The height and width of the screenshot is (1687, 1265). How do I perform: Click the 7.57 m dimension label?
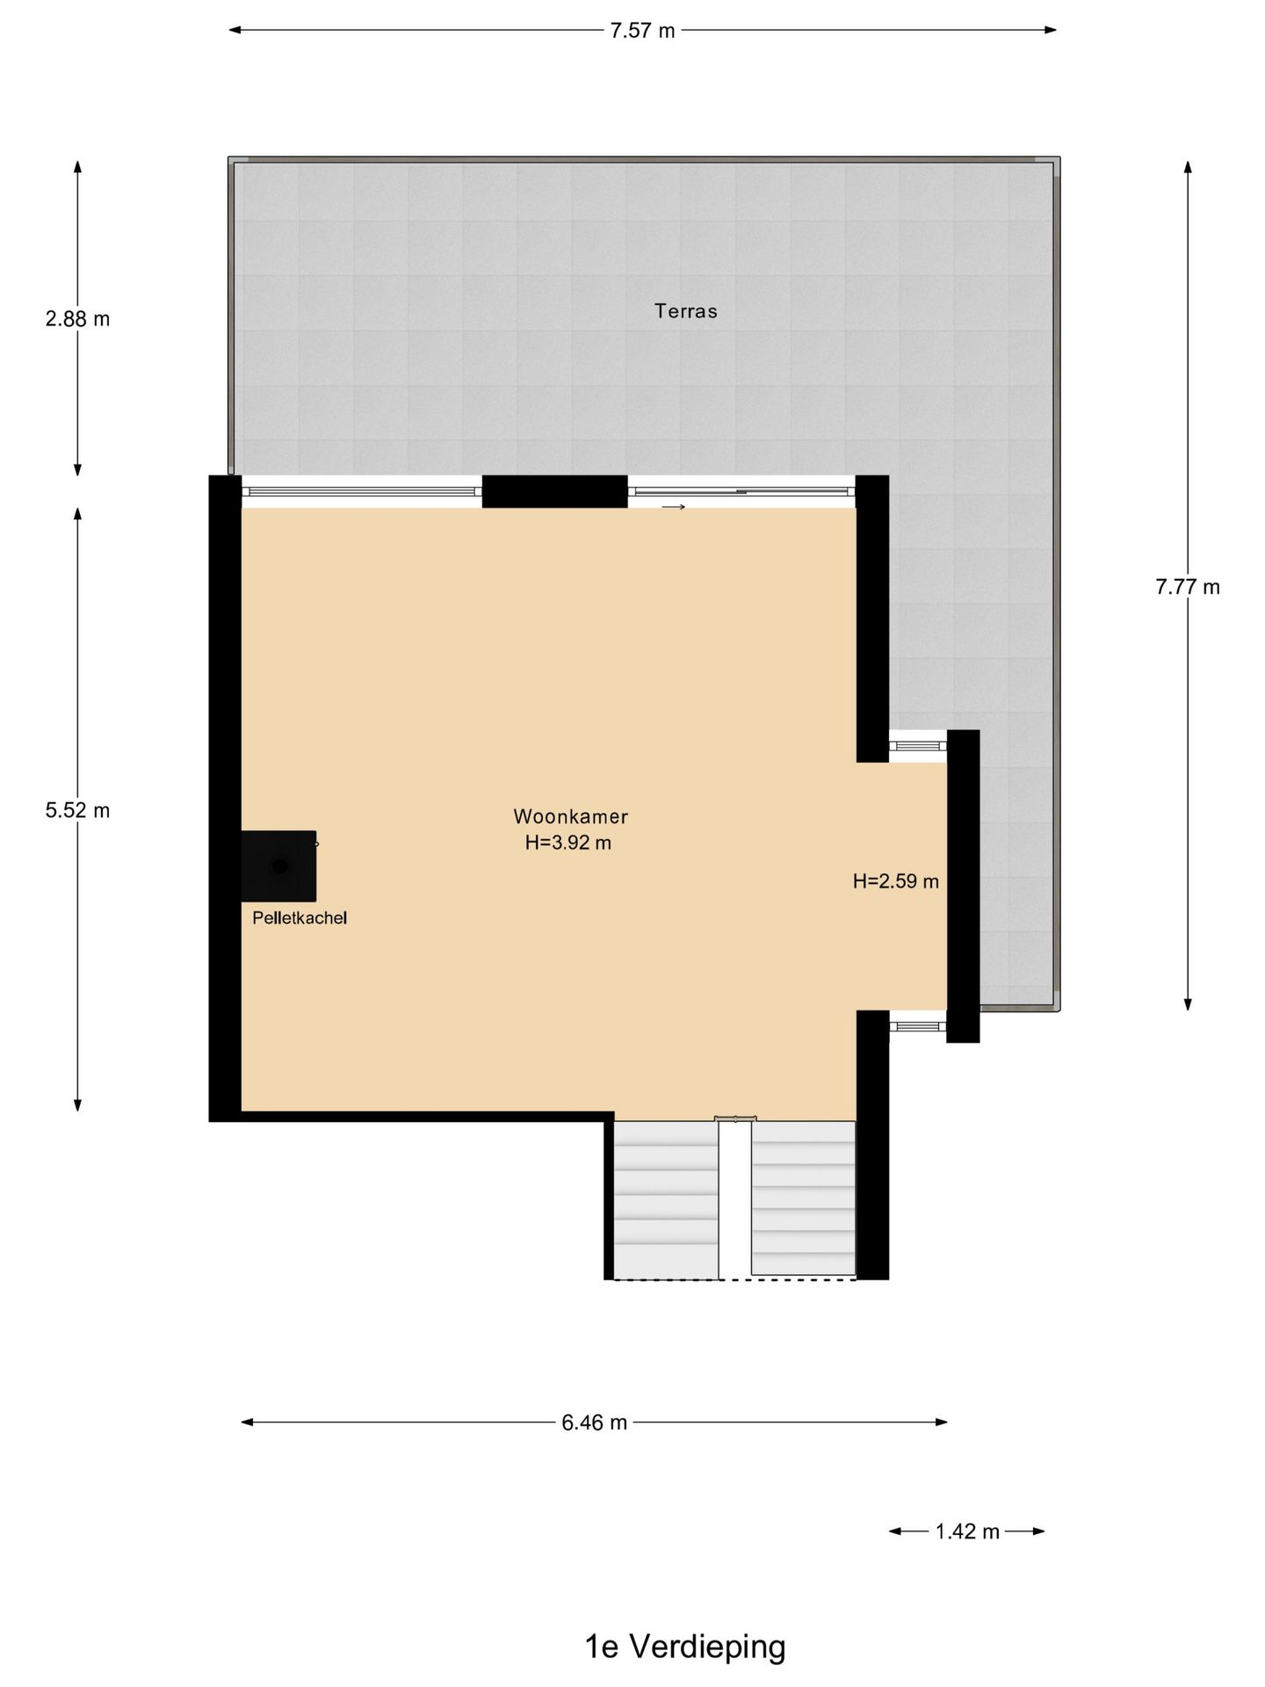point(642,31)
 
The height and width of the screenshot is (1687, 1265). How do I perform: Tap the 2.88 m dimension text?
point(77,319)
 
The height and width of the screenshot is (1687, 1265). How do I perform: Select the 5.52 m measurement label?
point(77,810)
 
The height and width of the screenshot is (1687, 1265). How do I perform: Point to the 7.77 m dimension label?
point(1188,587)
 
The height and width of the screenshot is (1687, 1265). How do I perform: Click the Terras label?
point(686,311)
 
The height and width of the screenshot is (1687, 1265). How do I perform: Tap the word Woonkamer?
point(571,816)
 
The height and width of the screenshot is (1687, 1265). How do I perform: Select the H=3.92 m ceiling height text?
point(568,843)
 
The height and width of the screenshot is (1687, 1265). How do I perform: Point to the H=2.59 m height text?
point(896,881)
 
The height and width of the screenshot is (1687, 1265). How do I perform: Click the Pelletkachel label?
point(300,918)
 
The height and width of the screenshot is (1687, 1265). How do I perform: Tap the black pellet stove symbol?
point(279,866)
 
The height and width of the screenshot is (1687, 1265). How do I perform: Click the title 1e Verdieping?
point(685,1647)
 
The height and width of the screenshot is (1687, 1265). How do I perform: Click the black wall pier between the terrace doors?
point(554,491)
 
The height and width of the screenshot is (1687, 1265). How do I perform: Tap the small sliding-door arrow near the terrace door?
point(674,507)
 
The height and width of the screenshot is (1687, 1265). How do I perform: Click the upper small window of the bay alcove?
point(917,746)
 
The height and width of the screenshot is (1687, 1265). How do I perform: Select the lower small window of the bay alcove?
point(917,1026)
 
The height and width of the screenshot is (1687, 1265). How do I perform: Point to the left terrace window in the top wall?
point(361,491)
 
